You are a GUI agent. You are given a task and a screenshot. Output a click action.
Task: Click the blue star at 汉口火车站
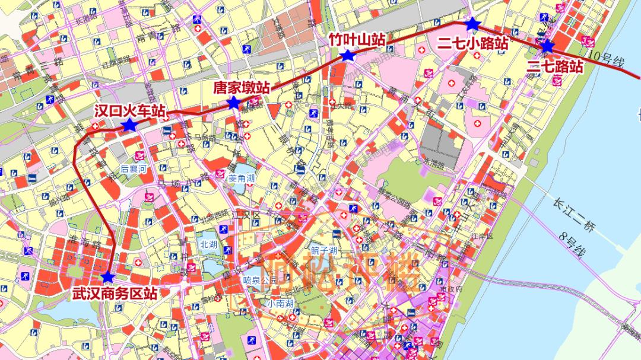pos(129,125)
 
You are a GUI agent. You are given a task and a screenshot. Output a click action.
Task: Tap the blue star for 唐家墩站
pos(234,104)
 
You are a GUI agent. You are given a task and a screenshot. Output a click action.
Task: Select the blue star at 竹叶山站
pos(348,56)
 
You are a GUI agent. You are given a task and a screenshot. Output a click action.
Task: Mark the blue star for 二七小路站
pos(472,24)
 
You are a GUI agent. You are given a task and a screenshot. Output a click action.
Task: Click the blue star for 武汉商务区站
pos(107,277)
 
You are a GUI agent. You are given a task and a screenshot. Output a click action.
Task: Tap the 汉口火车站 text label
pos(130,110)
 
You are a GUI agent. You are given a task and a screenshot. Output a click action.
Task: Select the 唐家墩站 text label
pos(241,88)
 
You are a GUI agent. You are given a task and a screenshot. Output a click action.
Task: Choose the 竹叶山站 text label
pos(357,40)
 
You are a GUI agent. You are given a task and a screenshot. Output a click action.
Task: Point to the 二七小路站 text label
pos(473,43)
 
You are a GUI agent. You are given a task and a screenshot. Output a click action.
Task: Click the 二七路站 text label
pos(555,66)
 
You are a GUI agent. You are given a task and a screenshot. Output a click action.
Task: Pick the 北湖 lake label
pos(208,243)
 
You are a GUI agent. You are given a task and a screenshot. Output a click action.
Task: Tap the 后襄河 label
pos(133,168)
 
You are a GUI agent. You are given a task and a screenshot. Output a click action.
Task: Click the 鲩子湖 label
pos(325,251)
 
